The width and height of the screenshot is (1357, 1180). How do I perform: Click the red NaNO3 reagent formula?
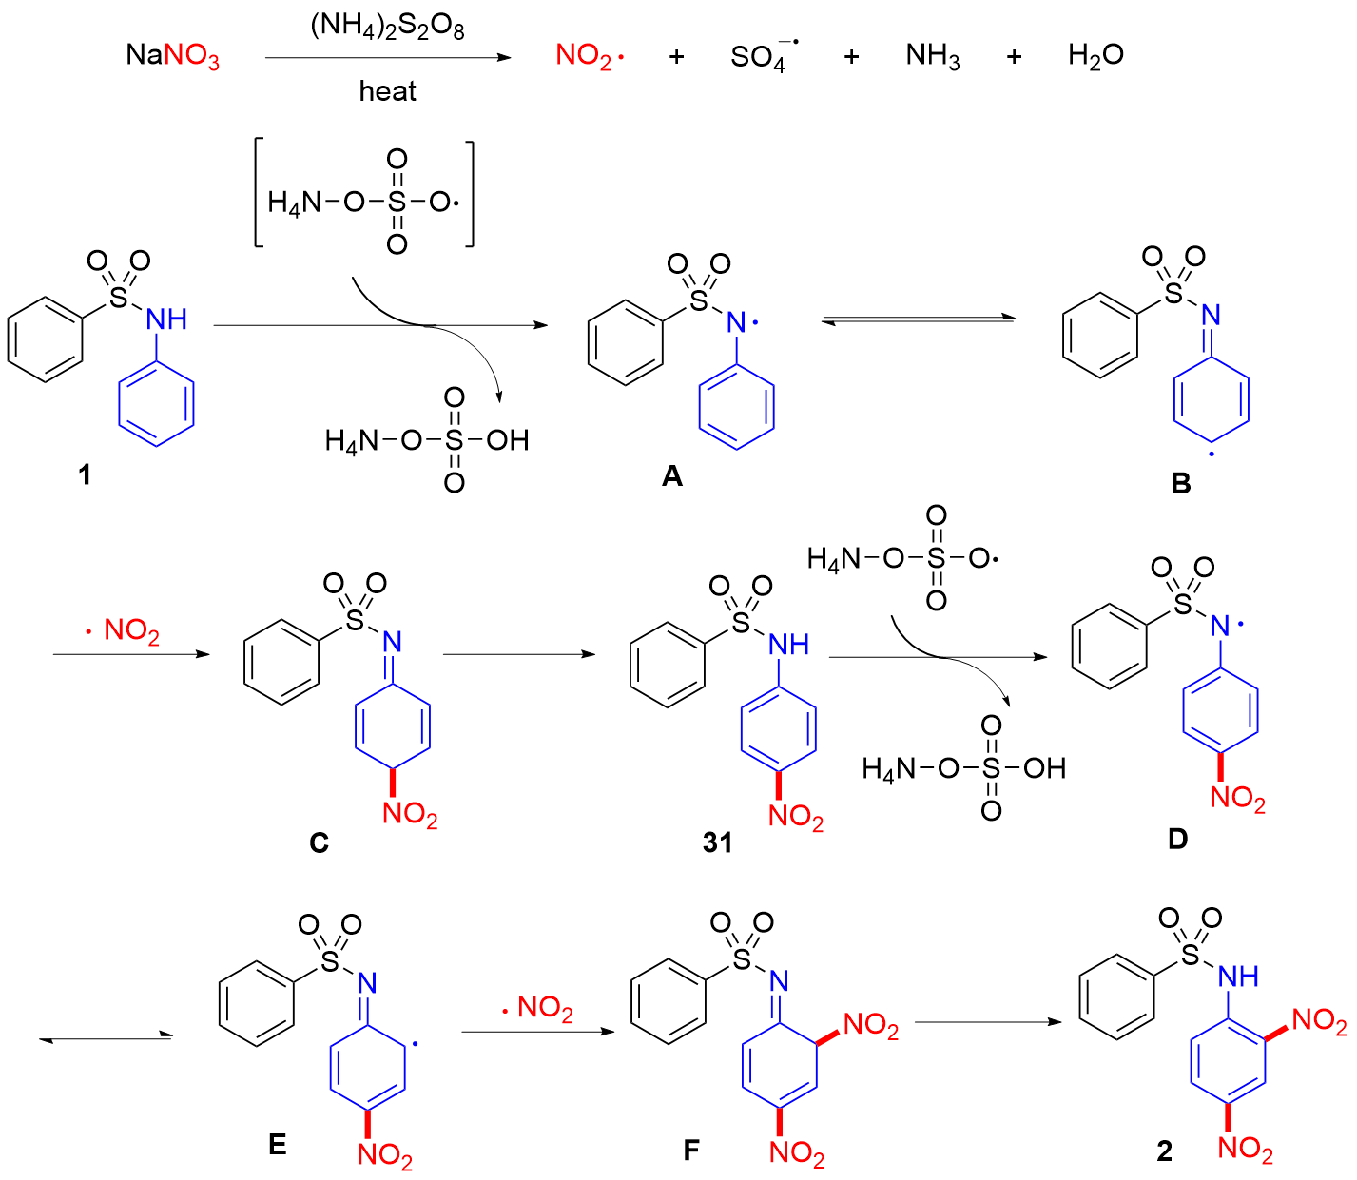coord(172,56)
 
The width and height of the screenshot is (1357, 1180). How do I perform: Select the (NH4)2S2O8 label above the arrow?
coord(387,28)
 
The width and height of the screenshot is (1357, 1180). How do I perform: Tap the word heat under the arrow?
coord(387,91)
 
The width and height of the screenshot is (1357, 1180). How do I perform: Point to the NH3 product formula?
coord(933,56)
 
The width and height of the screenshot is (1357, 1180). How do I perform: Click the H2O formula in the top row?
coord(1095,56)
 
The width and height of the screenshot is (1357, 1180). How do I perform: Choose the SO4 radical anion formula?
coord(764,56)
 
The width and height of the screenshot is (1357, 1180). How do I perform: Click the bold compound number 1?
coord(85,474)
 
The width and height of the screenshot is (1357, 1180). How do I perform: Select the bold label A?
coord(672,476)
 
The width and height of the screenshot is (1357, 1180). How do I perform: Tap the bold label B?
coord(1181,483)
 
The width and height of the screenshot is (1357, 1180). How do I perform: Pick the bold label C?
coord(319,842)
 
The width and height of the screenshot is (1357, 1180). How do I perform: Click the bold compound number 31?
coord(718,842)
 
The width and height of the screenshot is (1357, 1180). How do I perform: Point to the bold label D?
coord(1178,840)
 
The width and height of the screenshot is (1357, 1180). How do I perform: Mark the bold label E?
coord(278,1144)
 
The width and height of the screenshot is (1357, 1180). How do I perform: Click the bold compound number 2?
coord(1165,1151)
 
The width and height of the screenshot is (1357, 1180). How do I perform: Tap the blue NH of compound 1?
coord(166,319)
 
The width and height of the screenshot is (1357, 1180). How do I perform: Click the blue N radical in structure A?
coord(741,323)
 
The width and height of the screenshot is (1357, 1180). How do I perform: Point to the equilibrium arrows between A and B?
coord(919,320)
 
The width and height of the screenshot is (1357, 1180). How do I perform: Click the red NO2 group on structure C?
coord(410,813)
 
